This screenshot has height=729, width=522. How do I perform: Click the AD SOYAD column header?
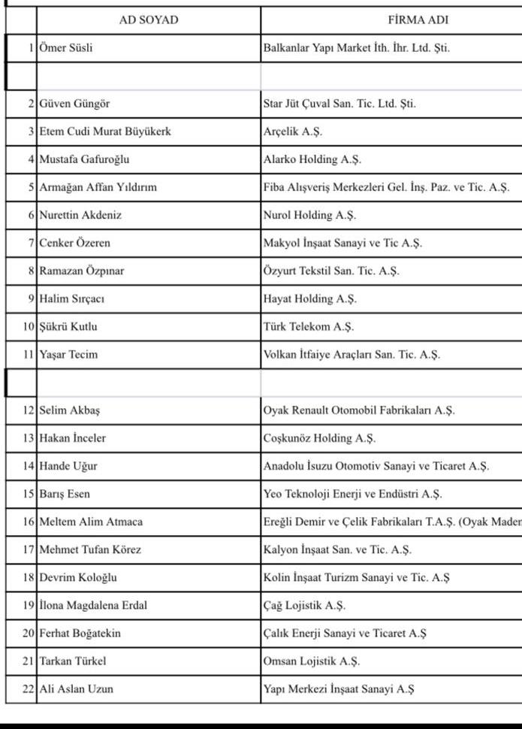(149, 20)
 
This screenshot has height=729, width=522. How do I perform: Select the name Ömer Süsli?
(66, 48)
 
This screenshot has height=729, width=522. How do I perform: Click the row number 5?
(31, 187)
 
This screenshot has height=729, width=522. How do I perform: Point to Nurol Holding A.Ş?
(309, 215)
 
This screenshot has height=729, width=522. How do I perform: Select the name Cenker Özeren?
(74, 243)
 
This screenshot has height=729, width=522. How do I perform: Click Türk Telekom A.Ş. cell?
(309, 326)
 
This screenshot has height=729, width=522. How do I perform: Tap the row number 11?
(29, 354)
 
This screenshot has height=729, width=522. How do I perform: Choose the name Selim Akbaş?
(70, 410)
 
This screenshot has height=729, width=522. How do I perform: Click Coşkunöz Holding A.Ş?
(319, 438)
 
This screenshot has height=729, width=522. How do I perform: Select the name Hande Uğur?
(68, 466)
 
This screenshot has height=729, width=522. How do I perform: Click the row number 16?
(29, 522)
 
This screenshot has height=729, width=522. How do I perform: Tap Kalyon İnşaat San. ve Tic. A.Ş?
(337, 549)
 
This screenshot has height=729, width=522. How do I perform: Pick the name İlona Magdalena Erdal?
(93, 605)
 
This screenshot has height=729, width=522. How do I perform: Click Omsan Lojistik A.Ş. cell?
(312, 661)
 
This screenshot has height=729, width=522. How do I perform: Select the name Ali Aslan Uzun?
(77, 688)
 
